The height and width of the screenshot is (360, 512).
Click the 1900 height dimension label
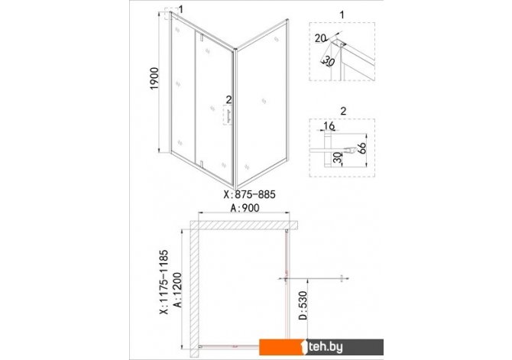pyautogui.click(x=154, y=79)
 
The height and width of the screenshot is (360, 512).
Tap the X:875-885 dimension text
pyautogui.click(x=249, y=195)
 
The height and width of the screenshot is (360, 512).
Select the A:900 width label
pyautogui.click(x=245, y=208)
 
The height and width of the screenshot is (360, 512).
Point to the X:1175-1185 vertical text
pyautogui.click(x=164, y=282)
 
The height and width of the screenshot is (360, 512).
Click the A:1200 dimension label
pyautogui.click(x=177, y=290)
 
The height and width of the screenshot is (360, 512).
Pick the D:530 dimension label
pyautogui.click(x=303, y=306)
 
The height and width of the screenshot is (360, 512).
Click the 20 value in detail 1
pyautogui.click(x=320, y=38)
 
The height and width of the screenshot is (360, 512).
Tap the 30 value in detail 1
pyautogui.click(x=329, y=61)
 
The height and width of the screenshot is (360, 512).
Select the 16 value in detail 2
pyautogui.click(x=329, y=125)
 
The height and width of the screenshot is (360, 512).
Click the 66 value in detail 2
pyautogui.click(x=361, y=148)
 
